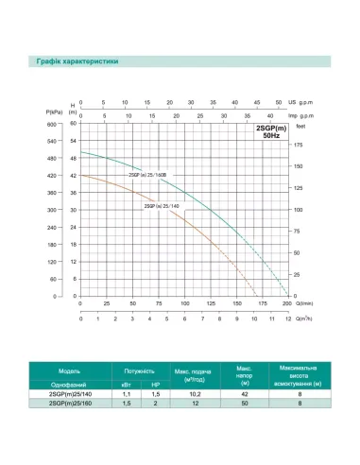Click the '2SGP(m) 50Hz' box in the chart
click(x=268, y=132)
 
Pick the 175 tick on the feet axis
click(x=300, y=145)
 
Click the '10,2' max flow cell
click(x=194, y=395)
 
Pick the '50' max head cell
click(x=244, y=405)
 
